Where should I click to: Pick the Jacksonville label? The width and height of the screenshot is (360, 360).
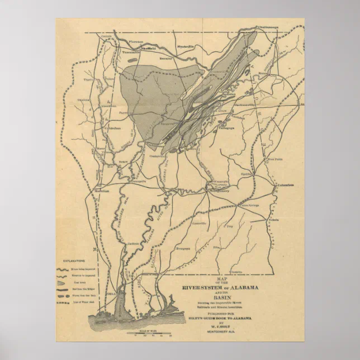coord(244,104)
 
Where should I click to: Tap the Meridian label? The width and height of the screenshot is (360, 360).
coord(102,190)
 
